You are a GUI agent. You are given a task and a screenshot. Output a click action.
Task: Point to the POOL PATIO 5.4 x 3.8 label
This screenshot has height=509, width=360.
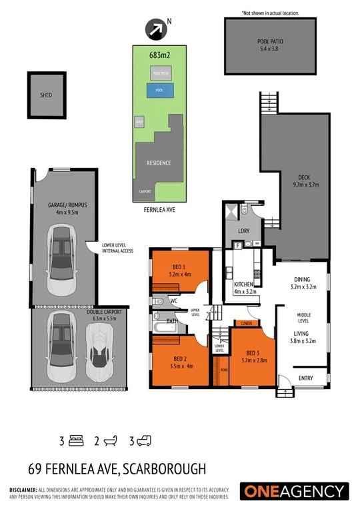pyautogui.click(x=270, y=45)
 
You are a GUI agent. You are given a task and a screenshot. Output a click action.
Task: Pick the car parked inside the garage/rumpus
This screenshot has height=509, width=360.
pyautogui.click(x=62, y=254)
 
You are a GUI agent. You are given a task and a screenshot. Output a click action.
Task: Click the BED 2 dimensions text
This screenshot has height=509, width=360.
pyautogui.click(x=175, y=366)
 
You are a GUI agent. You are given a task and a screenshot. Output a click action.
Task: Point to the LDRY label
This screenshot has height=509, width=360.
pyautogui.click(x=243, y=232)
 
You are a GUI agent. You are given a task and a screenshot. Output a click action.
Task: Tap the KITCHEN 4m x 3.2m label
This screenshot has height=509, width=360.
pyautogui.click(x=243, y=287)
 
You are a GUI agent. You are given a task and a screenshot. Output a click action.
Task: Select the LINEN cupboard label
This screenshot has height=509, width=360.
pyautogui.click(x=247, y=324)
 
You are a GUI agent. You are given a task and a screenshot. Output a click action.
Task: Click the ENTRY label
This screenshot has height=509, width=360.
pyautogui.click(x=305, y=378)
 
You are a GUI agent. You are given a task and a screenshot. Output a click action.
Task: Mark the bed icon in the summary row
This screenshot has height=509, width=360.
pyautogui.click(x=77, y=440)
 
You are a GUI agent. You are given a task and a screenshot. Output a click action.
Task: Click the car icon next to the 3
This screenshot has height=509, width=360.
pyautogui.click(x=145, y=440)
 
